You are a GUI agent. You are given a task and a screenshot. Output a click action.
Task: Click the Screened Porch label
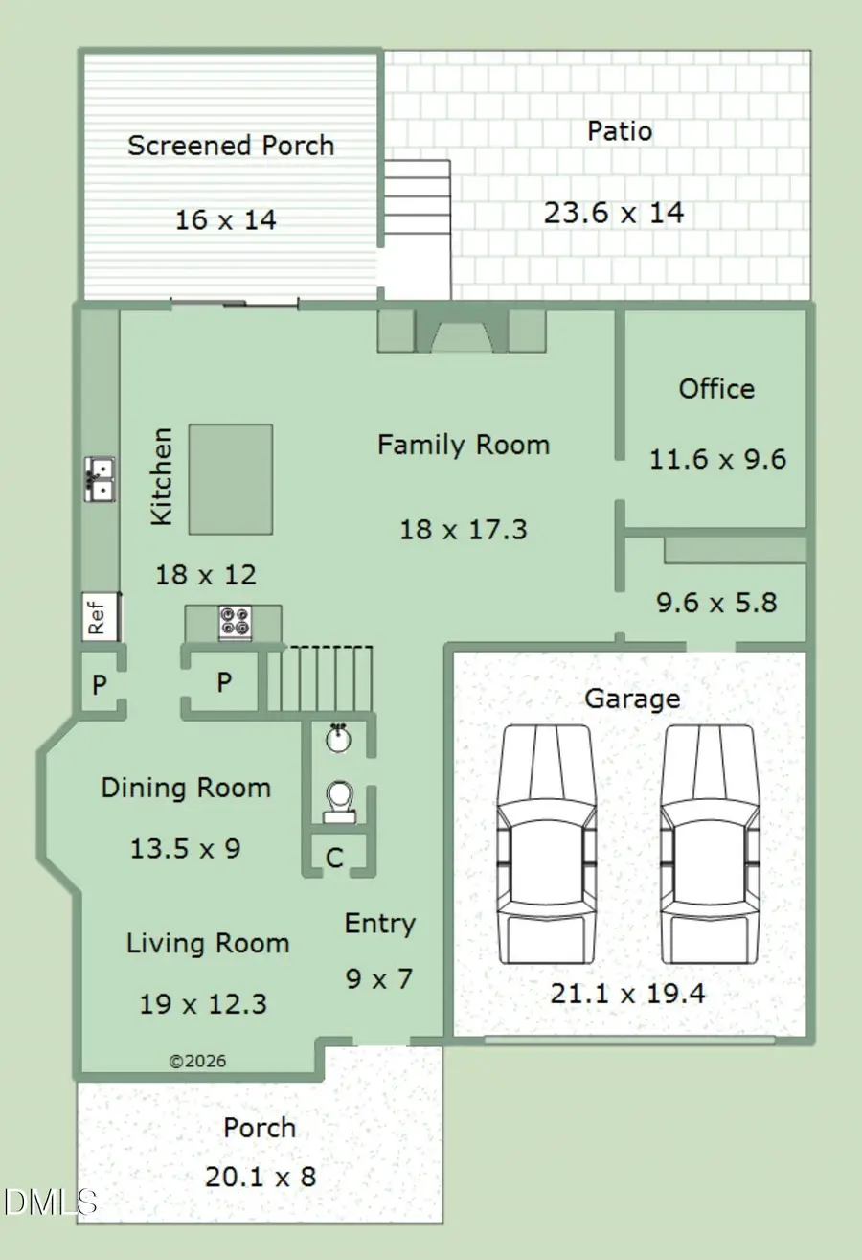click(231, 146)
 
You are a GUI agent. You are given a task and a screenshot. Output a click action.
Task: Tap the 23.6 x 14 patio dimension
click(614, 213)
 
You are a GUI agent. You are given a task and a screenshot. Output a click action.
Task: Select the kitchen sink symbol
click(100, 479)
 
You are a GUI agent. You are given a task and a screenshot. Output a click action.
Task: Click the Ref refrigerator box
click(101, 616)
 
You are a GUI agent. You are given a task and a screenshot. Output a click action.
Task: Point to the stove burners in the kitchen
click(235, 623)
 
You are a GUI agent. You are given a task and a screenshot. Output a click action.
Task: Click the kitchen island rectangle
click(231, 479)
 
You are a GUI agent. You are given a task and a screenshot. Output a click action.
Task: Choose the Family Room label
click(464, 445)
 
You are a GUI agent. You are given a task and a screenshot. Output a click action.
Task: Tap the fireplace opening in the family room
click(463, 336)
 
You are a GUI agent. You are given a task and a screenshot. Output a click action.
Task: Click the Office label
click(716, 389)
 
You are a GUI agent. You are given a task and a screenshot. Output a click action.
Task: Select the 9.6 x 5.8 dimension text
click(716, 603)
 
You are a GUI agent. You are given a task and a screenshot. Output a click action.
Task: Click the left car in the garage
click(545, 844)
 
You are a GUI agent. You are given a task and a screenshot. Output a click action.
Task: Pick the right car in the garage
click(709, 844)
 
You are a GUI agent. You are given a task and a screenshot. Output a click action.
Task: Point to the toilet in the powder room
click(339, 803)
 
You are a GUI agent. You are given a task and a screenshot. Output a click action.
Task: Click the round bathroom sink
click(338, 739)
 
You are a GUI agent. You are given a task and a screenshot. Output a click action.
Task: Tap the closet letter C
click(334, 859)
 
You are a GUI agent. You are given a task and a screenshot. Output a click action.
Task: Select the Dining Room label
click(186, 788)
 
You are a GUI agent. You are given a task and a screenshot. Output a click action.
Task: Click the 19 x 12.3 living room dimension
click(203, 1004)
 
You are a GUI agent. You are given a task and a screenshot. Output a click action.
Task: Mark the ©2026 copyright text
click(197, 1061)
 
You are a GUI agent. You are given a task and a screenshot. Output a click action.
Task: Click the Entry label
click(380, 925)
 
